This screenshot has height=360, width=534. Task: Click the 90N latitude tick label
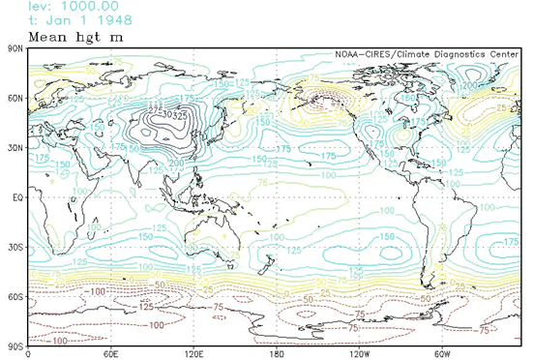[15, 46]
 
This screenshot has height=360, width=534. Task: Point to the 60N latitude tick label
[15, 97]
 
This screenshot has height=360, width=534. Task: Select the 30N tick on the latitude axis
[15, 146]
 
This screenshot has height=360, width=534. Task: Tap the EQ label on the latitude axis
[16, 195]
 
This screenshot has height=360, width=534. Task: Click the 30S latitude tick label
[15, 246]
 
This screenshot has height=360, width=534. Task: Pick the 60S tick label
[15, 295]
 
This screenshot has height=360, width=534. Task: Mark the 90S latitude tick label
[15, 345]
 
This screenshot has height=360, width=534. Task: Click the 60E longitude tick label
[110, 353]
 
